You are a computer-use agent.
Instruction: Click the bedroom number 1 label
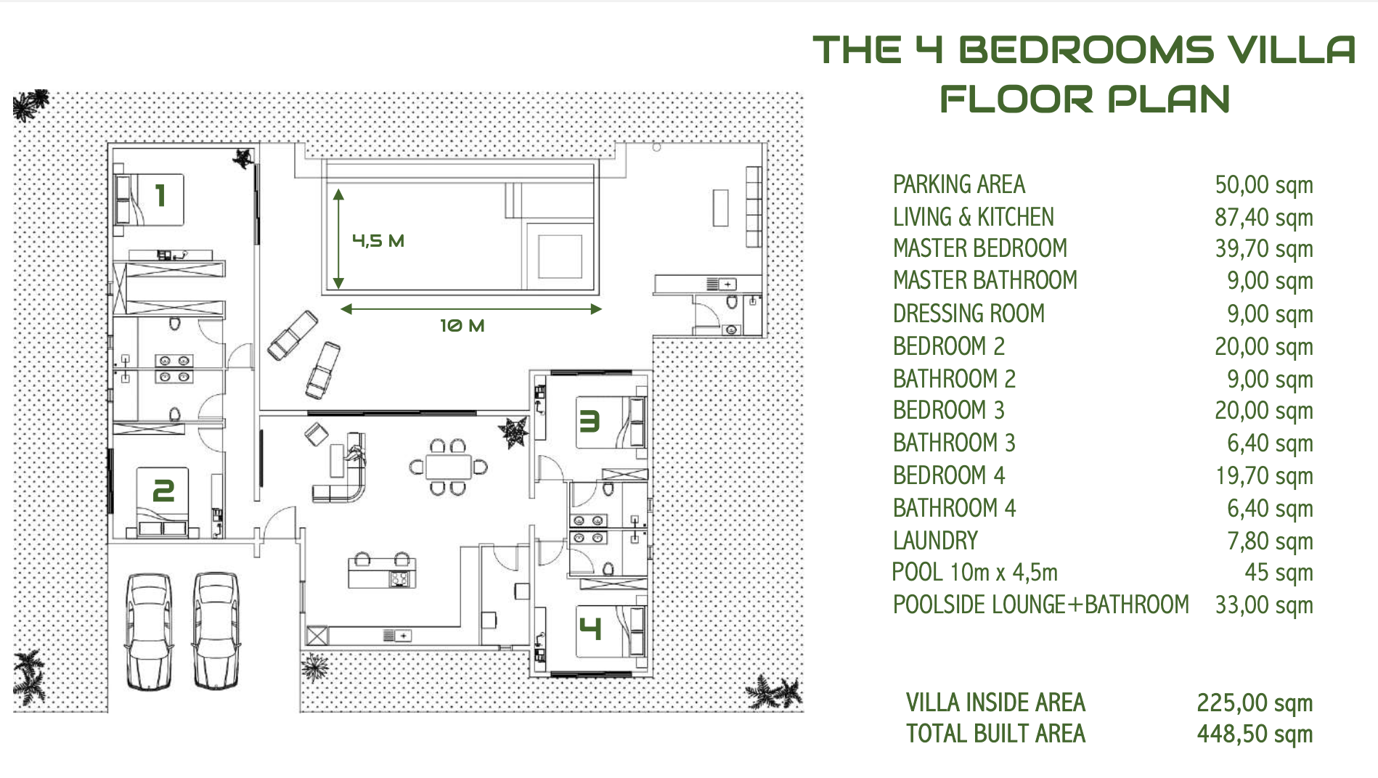161,196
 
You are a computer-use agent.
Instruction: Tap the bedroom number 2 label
163,491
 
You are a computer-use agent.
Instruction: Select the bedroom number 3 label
589,421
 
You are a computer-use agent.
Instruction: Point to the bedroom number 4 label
590,628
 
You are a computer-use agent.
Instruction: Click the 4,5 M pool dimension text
378,241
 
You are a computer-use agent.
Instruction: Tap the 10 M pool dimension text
462,326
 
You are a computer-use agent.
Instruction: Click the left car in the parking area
149,630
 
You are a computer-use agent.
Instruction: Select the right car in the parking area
216,630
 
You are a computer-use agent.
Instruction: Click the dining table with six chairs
448,467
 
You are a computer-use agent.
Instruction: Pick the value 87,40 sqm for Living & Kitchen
1263,217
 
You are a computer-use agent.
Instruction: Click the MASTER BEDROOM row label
979,249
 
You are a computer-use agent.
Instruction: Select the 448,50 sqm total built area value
1254,734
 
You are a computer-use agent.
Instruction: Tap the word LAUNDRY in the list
935,541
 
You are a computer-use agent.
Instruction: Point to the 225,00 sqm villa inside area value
1254,703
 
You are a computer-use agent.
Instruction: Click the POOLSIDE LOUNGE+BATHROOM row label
1040,605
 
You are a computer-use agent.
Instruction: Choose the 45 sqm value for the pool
1278,573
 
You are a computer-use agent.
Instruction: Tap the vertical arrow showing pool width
338,239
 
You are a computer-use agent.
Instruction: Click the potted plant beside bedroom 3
514,432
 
